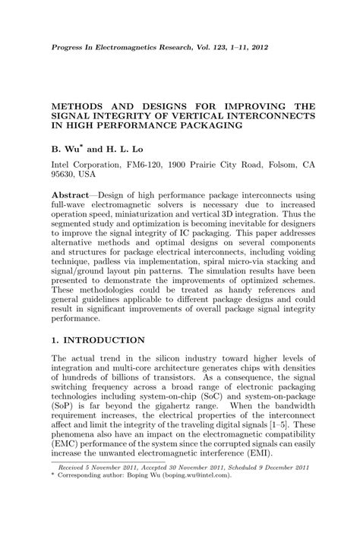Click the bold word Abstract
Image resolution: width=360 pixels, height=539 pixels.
click(x=72, y=196)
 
